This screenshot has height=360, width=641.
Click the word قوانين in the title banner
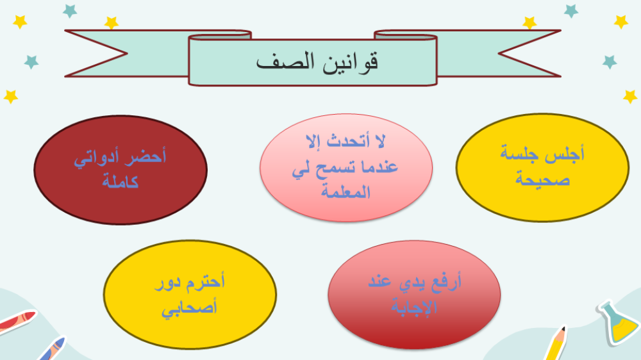350,62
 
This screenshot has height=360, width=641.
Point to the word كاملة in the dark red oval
121,181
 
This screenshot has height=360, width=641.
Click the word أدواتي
97,158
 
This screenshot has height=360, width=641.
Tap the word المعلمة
346,192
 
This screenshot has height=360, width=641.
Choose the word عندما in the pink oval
379,167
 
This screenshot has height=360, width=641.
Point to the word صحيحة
542,179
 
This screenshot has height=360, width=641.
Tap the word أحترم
206,282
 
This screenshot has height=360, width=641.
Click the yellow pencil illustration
556,343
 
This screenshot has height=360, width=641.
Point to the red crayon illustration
17,321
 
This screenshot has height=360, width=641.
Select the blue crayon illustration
53,349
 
